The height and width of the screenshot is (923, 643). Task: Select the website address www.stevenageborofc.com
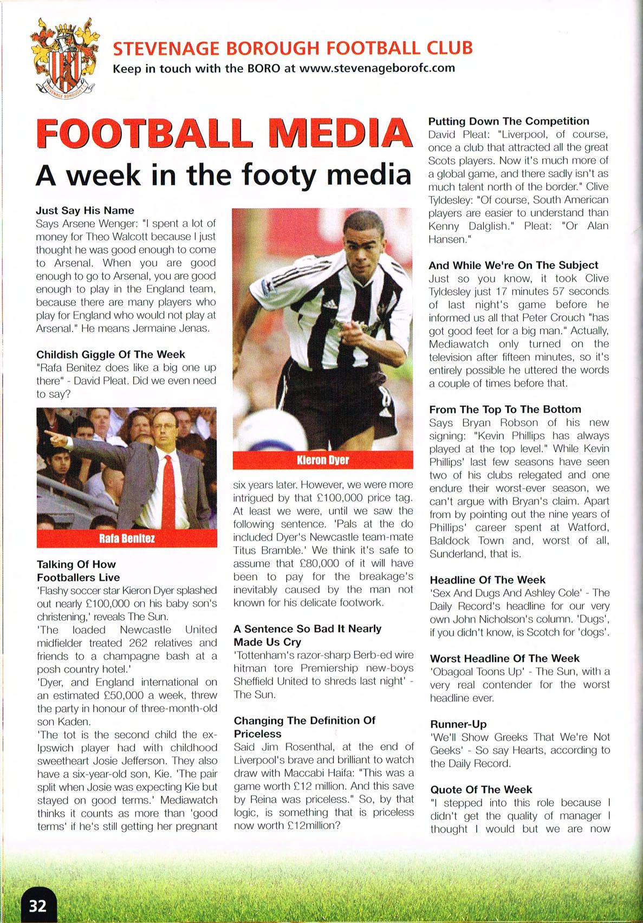pos(376,69)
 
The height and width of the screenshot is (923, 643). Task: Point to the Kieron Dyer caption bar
pos(323,460)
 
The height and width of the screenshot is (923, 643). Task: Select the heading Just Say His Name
pos(85,210)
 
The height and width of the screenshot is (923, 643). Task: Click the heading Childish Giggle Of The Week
pos(111,354)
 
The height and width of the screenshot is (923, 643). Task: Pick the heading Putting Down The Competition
pos(509,121)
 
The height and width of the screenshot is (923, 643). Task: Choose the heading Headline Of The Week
pos(488,580)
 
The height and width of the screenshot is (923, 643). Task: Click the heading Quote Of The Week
pos(481,789)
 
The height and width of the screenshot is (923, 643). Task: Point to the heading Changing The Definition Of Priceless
pos(304,727)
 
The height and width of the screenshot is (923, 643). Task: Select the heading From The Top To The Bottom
pos(505,409)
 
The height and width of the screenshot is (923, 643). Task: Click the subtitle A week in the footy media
pos(223,175)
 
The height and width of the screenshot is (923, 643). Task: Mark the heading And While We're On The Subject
pos(513,265)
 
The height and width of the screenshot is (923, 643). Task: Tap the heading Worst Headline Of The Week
pos(504,659)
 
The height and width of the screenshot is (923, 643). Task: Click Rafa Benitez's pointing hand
pos(50,434)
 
